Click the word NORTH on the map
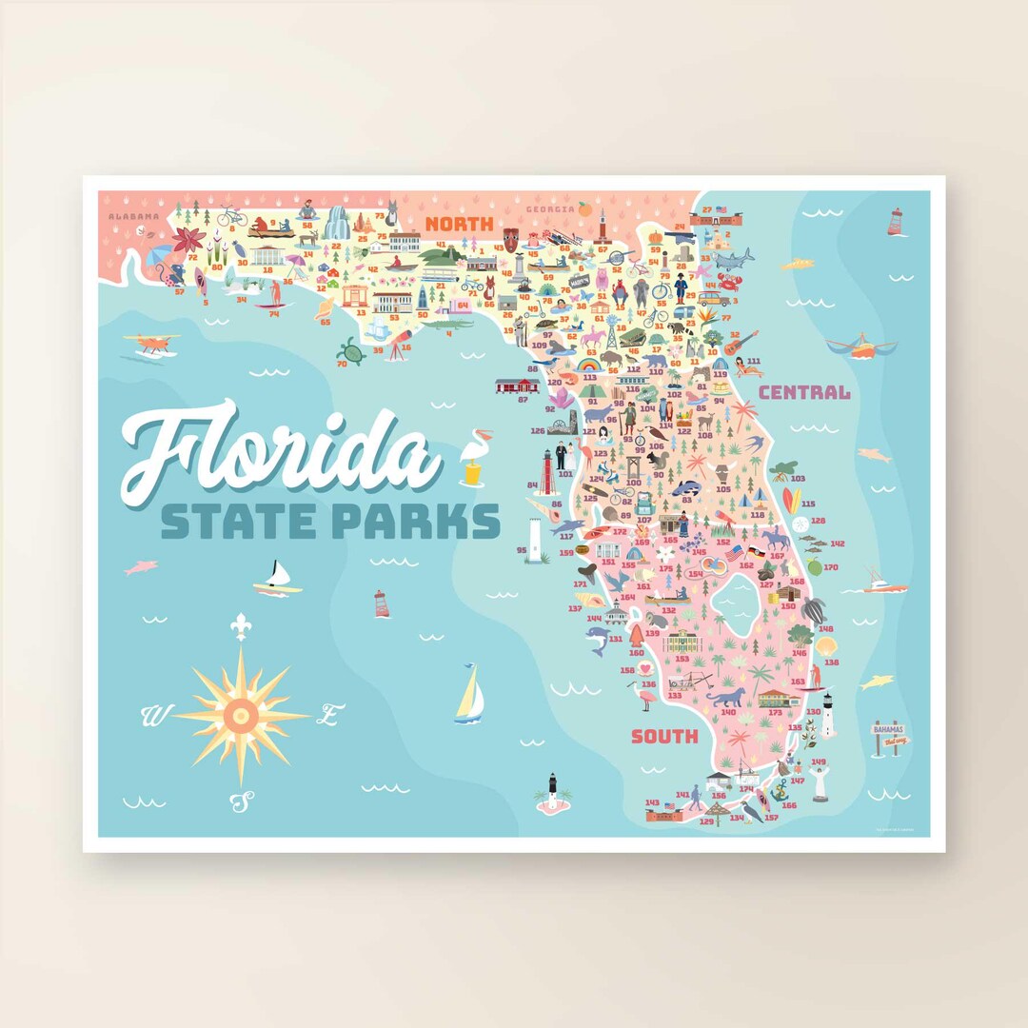[x=459, y=225]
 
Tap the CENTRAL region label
[x=804, y=391]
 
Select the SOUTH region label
[x=664, y=736]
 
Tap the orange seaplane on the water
[x=150, y=343]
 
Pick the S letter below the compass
[x=242, y=801]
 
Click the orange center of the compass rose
[x=241, y=713]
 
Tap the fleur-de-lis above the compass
[x=241, y=625]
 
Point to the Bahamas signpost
[x=890, y=736]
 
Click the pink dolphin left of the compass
[x=141, y=567]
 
